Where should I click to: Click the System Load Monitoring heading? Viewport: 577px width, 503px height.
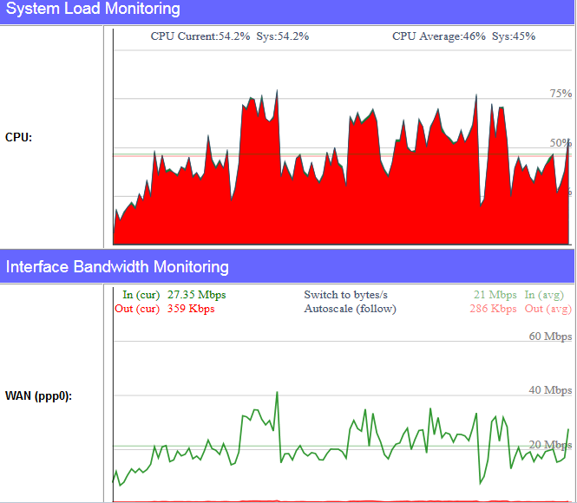93,10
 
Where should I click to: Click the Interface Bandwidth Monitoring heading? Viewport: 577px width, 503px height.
117,266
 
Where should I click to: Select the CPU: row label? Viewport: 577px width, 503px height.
19,137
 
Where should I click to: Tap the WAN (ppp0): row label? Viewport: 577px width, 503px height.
38,396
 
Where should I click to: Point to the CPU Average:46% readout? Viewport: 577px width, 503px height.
438,36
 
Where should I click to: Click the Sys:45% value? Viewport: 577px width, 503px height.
514,36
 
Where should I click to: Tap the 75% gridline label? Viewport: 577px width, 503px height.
561,94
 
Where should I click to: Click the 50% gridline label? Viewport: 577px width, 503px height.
561,143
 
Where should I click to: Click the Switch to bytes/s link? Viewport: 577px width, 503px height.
345,295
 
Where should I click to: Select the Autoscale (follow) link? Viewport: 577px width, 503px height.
350,309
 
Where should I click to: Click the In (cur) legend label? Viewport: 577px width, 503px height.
141,295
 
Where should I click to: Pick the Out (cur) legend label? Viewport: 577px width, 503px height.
137,309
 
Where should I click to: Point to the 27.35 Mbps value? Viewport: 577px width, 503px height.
196,295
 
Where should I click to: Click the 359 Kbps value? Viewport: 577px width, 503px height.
191,309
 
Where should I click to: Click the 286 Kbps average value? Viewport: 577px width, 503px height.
493,309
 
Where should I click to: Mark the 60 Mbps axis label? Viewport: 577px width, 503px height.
550,336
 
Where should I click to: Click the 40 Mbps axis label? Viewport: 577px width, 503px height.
550,390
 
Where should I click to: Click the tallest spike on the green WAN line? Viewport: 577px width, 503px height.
277,393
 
